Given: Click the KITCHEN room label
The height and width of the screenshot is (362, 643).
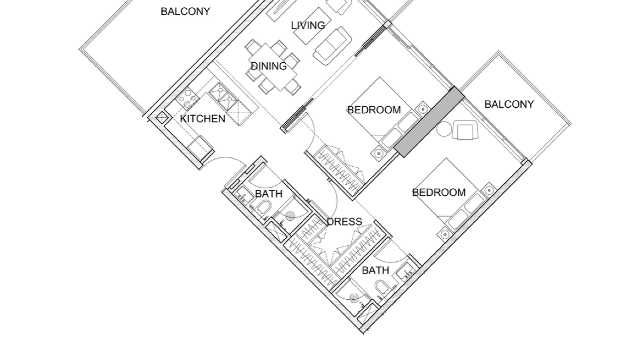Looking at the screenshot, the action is tap(203, 119).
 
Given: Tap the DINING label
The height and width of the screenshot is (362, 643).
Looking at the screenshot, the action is tap(269, 66).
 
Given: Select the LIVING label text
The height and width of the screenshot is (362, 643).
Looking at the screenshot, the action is tap(308, 25).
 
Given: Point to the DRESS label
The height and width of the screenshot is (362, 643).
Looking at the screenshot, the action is tap(344, 222).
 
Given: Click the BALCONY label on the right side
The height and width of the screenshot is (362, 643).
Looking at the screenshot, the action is tap(509, 104).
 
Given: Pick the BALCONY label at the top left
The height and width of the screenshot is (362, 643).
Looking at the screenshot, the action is tap(185, 11).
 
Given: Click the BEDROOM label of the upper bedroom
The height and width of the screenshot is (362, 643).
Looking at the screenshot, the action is tap(374, 110).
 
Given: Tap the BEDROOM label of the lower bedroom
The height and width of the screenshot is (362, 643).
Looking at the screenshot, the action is tap(439, 192).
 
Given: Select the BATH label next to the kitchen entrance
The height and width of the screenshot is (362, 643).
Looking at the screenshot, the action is tap(269, 194).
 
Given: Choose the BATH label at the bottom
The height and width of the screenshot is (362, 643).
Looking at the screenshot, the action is tap(375, 270).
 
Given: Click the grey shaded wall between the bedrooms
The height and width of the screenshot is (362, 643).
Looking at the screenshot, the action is tap(429, 122).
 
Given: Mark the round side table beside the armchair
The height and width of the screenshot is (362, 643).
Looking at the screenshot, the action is tap(444, 129).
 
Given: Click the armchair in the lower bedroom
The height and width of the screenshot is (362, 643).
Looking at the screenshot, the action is tap(465, 130).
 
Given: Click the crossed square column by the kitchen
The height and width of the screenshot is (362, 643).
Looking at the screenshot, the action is tap(162, 118).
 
